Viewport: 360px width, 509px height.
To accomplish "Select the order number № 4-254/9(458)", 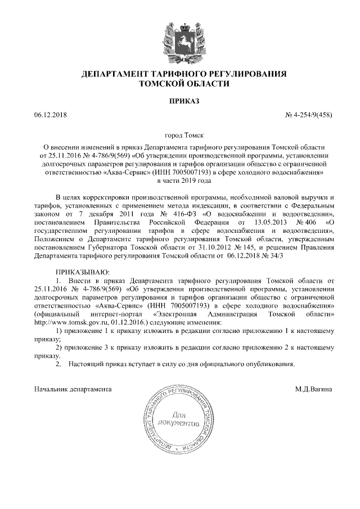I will [309, 116].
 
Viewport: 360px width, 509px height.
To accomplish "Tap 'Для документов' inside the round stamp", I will [179, 418].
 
